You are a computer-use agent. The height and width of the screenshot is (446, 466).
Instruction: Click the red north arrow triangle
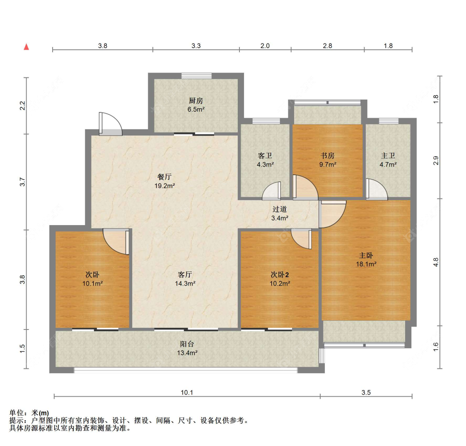[27, 47]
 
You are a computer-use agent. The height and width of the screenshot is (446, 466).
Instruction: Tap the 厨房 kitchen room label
[196, 101]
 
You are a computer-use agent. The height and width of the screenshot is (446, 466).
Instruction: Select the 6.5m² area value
[196, 109]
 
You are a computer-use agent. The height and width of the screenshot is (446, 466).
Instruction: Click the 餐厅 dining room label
[164, 177]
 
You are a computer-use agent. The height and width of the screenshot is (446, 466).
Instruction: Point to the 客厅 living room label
[185, 274]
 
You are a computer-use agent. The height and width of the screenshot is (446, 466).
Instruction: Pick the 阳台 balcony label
[187, 344]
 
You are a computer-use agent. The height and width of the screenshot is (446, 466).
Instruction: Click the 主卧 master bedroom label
[366, 255]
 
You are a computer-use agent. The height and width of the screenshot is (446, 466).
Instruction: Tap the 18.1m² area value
[366, 264]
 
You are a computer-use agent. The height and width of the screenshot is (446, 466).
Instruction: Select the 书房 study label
[328, 155]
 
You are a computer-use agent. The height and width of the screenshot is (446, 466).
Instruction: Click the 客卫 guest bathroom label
[265, 155]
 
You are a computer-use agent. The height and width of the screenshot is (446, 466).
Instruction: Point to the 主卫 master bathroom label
[388, 155]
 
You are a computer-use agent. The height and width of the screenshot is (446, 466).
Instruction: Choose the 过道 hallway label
[280, 209]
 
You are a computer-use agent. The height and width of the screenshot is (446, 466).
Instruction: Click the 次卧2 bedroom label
[280, 275]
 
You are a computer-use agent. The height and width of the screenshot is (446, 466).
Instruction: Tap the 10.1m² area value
[92, 284]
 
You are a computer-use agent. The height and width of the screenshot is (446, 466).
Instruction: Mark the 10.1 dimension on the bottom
[187, 393]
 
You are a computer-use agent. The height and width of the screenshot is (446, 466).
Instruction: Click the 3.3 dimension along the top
[196, 46]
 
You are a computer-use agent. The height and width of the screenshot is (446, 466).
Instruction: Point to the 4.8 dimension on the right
[436, 262]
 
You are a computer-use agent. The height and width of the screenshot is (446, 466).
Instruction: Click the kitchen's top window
[196, 76]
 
